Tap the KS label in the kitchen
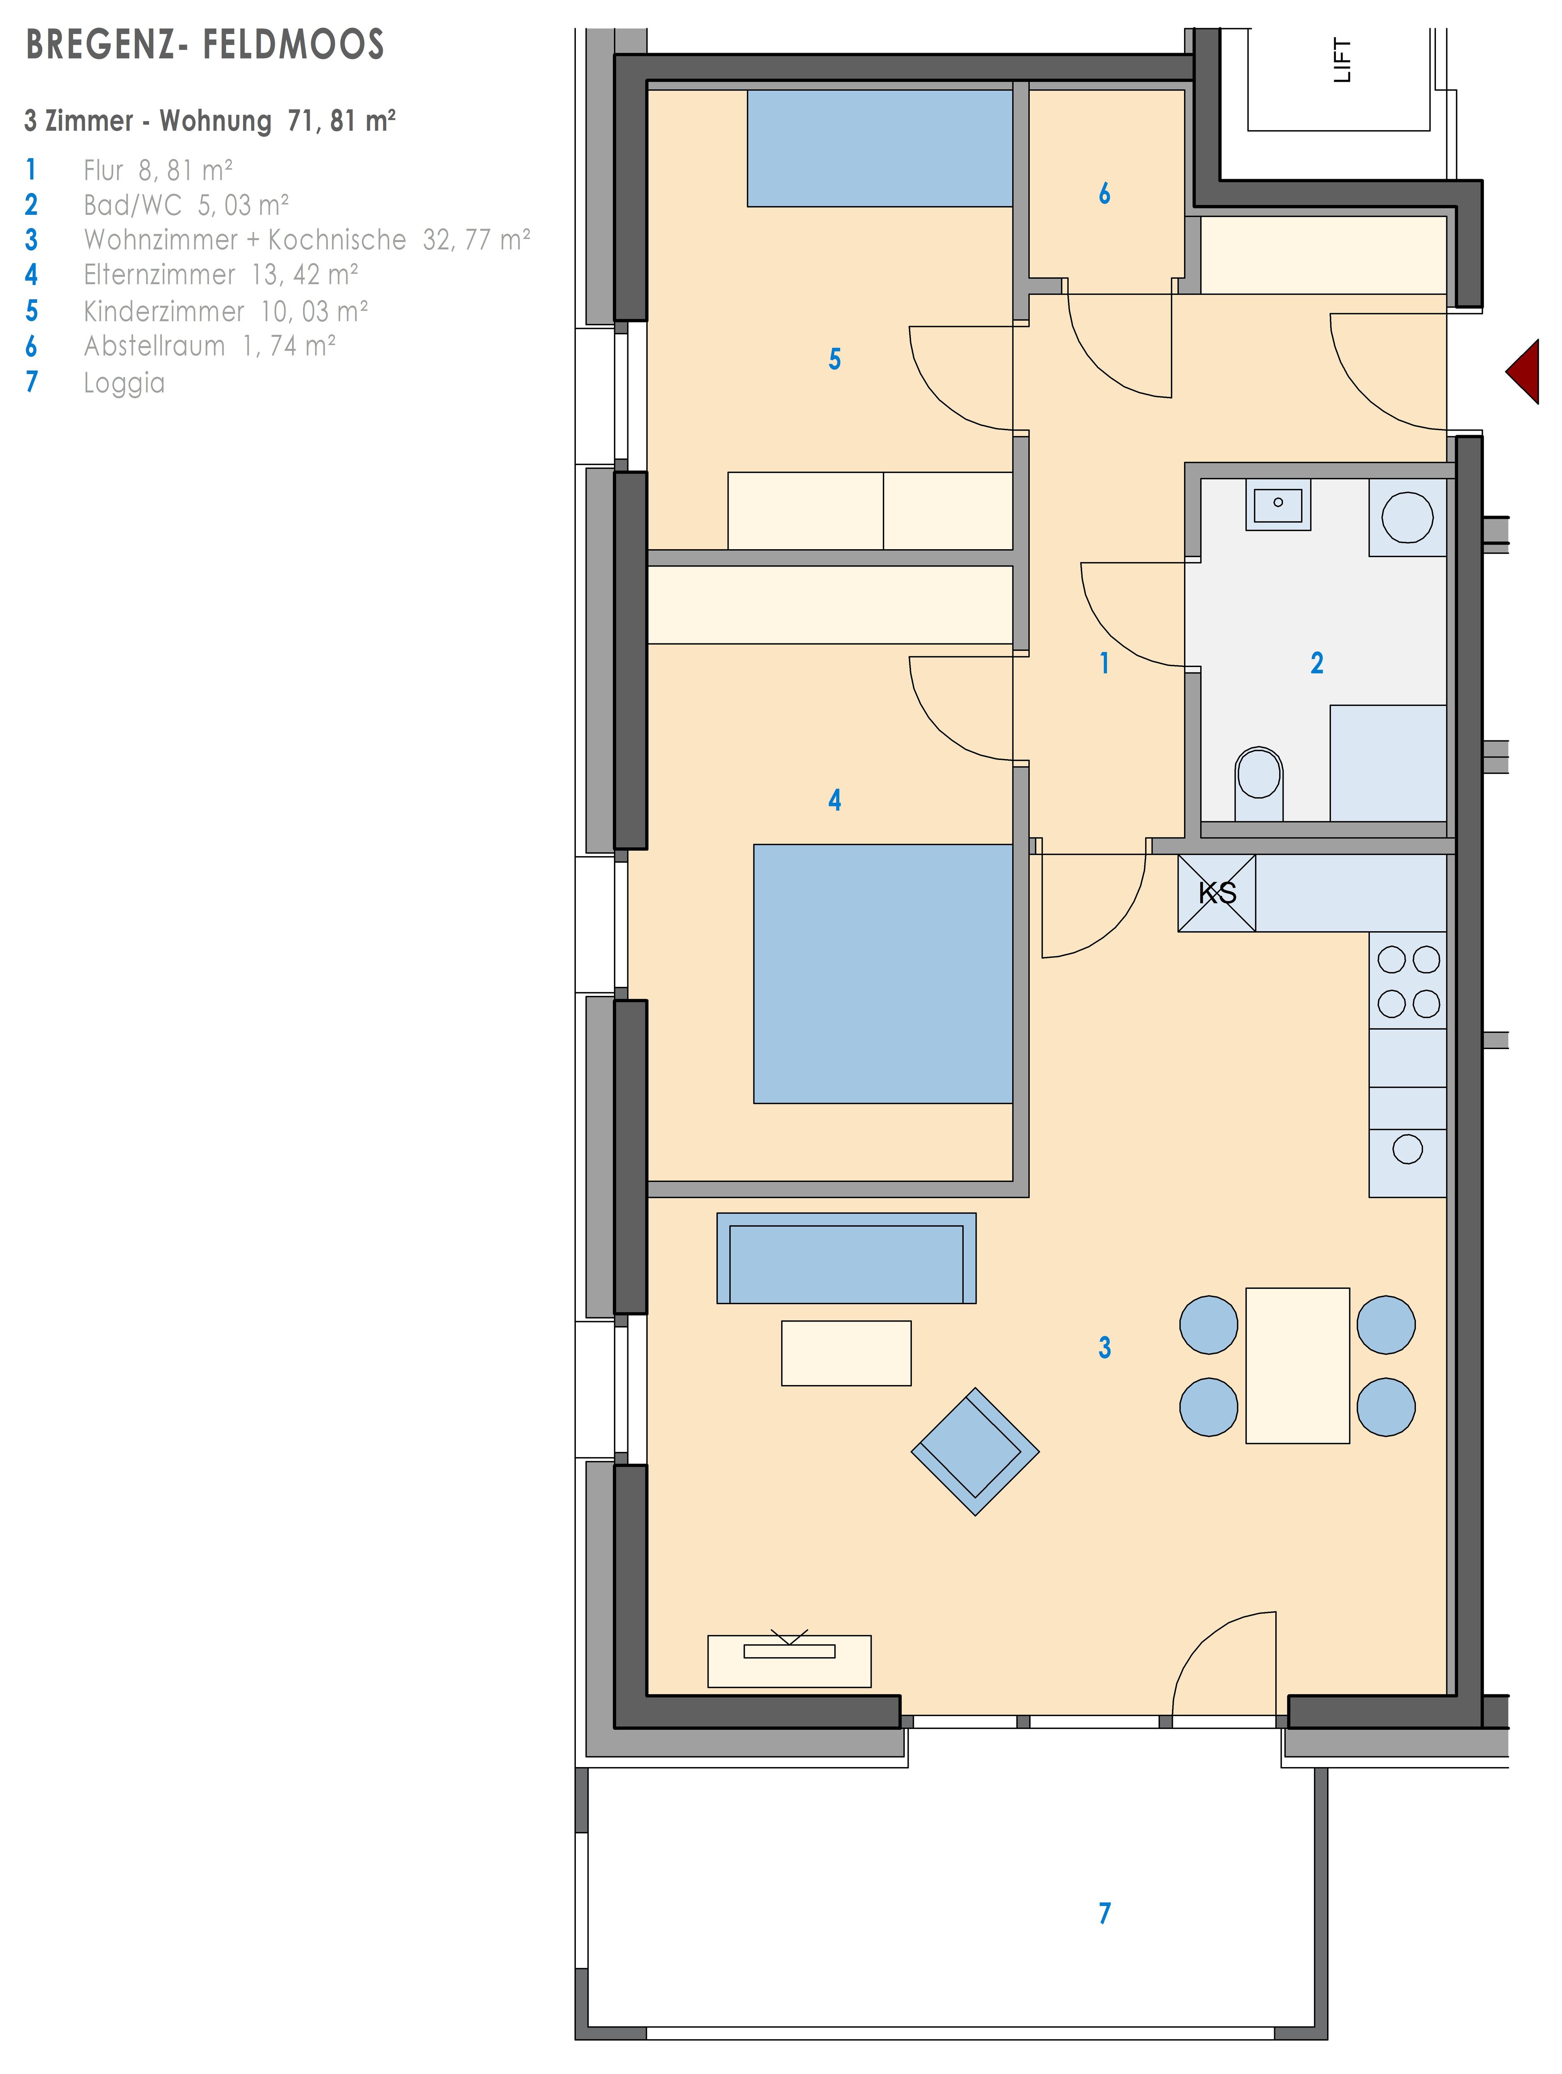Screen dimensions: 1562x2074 [x=1217, y=893]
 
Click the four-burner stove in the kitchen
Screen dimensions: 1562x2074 [x=1407, y=981]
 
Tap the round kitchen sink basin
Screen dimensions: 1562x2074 [x=1407, y=1149]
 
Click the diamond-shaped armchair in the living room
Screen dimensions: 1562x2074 [x=975, y=1451]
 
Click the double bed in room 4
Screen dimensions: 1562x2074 [x=883, y=974]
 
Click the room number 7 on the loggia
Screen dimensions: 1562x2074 [x=1104, y=1913]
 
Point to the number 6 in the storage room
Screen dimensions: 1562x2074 [x=1104, y=193]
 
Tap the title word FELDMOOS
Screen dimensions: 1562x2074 [x=293, y=45]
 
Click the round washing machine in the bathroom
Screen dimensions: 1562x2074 [x=1407, y=518]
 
